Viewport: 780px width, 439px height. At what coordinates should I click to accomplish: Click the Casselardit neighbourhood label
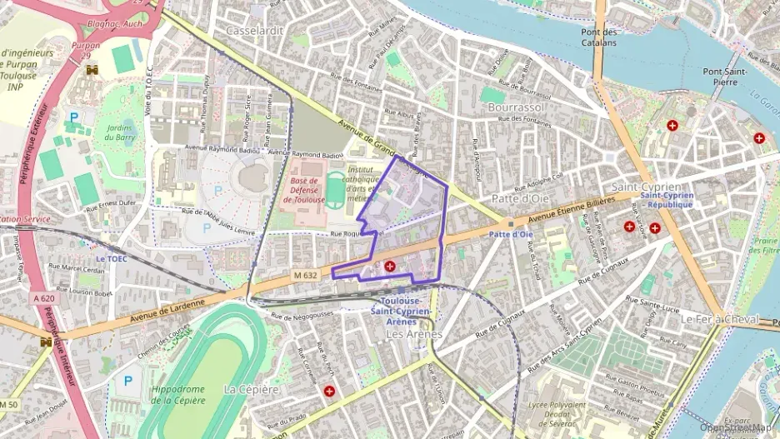click(255, 30)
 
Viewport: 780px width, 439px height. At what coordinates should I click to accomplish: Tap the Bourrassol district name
click(517, 108)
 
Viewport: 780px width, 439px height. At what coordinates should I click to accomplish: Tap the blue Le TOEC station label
click(111, 258)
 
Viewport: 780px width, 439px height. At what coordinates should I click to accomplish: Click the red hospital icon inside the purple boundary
click(390, 266)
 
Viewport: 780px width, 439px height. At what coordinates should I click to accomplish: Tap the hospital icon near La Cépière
click(330, 390)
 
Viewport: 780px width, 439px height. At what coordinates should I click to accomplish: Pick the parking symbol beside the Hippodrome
click(128, 381)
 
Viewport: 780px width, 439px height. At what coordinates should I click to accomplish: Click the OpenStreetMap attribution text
click(736, 428)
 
